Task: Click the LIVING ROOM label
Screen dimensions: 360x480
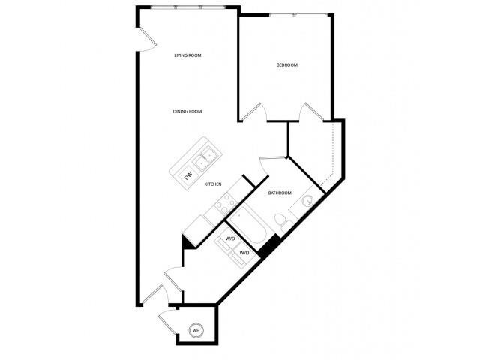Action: click(188, 55)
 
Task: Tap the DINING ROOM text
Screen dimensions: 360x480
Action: click(188, 112)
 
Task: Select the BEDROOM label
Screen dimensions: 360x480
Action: click(287, 65)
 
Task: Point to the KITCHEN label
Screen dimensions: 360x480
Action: click(213, 184)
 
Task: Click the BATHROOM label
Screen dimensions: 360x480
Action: click(280, 193)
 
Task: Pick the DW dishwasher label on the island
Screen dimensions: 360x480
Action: click(187, 177)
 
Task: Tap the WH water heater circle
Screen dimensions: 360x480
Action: click(196, 330)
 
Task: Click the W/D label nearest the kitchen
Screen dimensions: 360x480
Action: click(229, 238)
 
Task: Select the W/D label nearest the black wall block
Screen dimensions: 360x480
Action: click(244, 253)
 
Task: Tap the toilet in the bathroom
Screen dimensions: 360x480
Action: click(280, 223)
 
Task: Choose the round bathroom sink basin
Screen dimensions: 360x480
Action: click(307, 201)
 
